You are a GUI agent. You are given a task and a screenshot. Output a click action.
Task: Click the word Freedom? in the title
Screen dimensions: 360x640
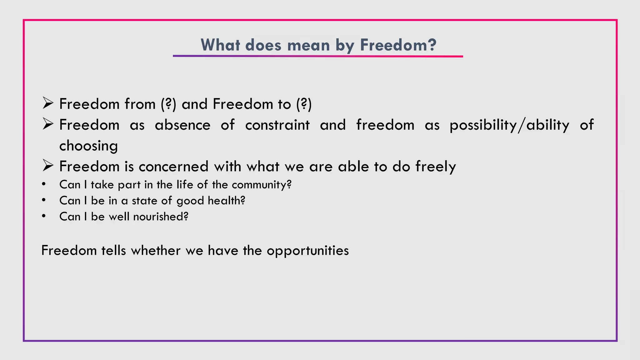pyautogui.click(x=398, y=45)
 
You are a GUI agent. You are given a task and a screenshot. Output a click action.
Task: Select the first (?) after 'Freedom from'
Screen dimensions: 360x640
pyautogui.click(x=169, y=104)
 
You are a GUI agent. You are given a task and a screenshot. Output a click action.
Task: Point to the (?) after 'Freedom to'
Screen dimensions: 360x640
pyautogui.click(x=304, y=104)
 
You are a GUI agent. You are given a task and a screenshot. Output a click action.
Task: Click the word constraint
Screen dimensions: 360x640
pyautogui.click(x=277, y=125)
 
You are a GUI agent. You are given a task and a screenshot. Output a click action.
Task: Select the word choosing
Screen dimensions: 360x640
pyautogui.click(x=88, y=146)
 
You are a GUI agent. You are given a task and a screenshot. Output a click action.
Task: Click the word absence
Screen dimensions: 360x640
pyautogui.click(x=182, y=125)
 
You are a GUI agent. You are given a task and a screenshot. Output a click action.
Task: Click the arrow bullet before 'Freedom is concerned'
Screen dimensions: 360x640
pyautogui.click(x=48, y=166)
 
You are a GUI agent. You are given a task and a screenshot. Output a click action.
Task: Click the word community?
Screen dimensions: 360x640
pyautogui.click(x=262, y=185)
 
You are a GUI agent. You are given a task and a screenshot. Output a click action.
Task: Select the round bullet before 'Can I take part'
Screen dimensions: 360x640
pyautogui.click(x=44, y=184)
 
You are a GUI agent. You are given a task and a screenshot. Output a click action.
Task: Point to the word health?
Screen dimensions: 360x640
pyautogui.click(x=227, y=201)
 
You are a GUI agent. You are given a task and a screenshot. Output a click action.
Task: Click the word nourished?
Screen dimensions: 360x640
pyautogui.click(x=161, y=217)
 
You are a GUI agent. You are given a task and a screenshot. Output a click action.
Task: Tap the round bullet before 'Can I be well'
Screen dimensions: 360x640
pyautogui.click(x=44, y=216)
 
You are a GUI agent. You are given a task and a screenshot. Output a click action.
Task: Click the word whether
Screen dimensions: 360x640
pyautogui.click(x=156, y=251)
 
